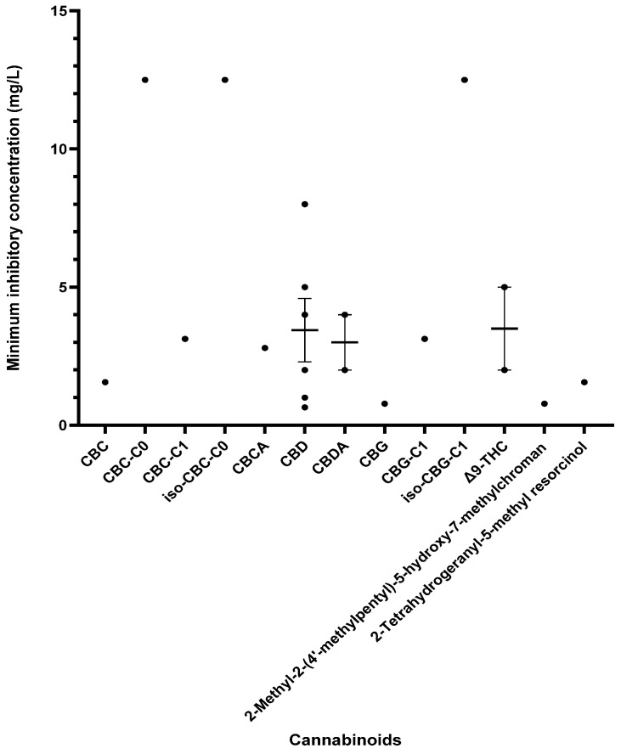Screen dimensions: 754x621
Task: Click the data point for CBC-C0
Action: click(x=145, y=80)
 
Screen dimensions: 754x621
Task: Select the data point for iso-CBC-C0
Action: click(x=225, y=80)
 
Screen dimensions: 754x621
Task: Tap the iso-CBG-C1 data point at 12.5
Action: click(x=464, y=80)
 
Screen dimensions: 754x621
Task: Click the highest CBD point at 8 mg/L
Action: click(x=305, y=204)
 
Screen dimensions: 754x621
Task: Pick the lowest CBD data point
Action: click(x=305, y=408)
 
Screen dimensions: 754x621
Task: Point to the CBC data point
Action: click(x=105, y=382)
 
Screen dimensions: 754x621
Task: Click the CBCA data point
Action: click(x=265, y=348)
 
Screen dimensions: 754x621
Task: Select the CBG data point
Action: click(x=384, y=404)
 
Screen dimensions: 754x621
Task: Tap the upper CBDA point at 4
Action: click(x=345, y=315)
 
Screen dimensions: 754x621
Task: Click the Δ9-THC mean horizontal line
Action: click(x=504, y=329)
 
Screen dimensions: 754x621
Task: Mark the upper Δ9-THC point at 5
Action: click(x=504, y=287)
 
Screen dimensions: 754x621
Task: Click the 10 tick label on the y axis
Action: click(x=59, y=149)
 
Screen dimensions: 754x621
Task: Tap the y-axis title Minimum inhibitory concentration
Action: click(x=14, y=219)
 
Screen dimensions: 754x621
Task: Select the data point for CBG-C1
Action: click(x=424, y=339)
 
